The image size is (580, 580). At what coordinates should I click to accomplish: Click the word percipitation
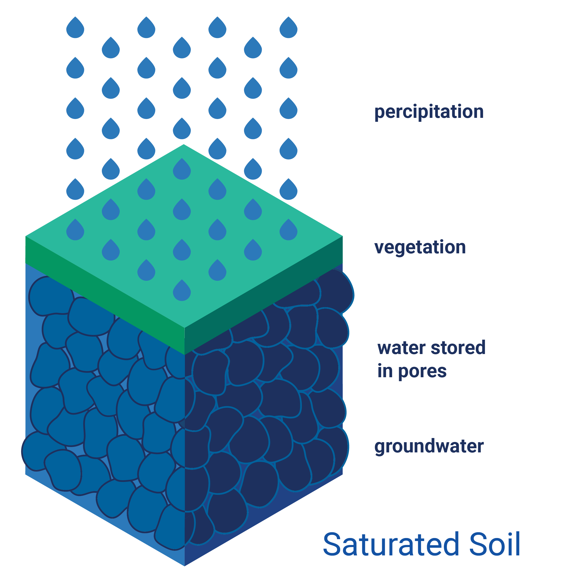[x=429, y=112]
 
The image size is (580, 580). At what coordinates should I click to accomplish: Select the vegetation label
[x=420, y=248]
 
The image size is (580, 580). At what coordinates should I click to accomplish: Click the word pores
[x=422, y=372]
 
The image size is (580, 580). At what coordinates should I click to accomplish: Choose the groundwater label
[x=429, y=446]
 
